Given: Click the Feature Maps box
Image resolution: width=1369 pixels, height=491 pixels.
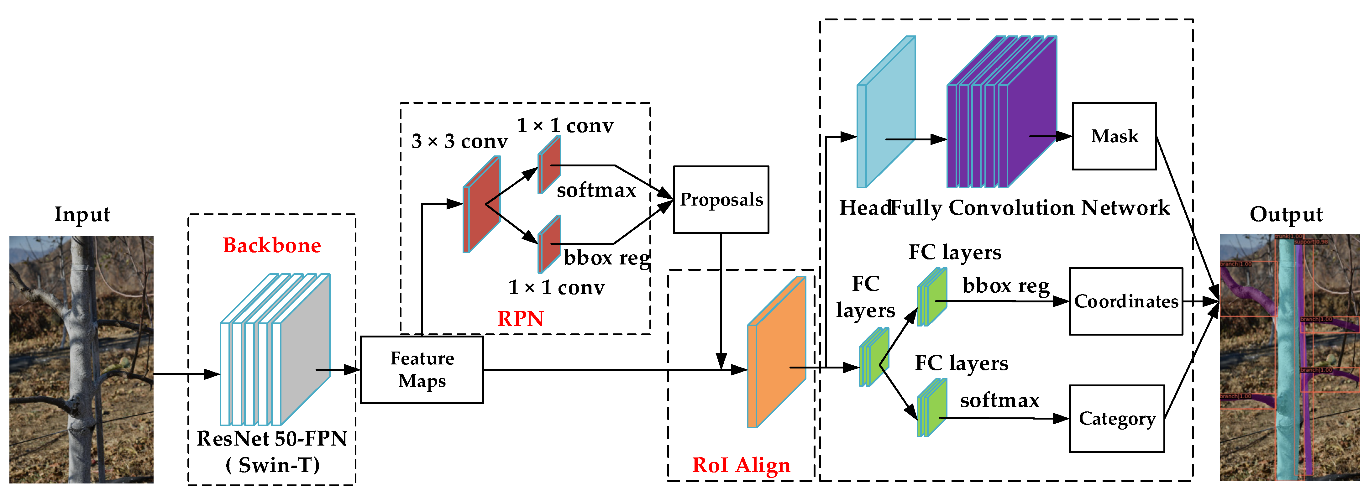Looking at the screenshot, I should tap(422, 370).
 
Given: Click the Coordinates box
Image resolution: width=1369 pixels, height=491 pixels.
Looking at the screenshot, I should tap(1125, 301).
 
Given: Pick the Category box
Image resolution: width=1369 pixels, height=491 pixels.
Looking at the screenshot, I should tap(1117, 419).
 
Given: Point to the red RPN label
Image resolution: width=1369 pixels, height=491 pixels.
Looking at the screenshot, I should tap(520, 319).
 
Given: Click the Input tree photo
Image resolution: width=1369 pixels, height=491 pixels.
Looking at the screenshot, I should tap(81, 359).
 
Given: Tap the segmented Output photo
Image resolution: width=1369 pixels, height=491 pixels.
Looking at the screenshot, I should tap(1289, 357).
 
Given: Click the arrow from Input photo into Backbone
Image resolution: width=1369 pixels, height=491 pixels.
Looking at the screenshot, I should tap(186, 374).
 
